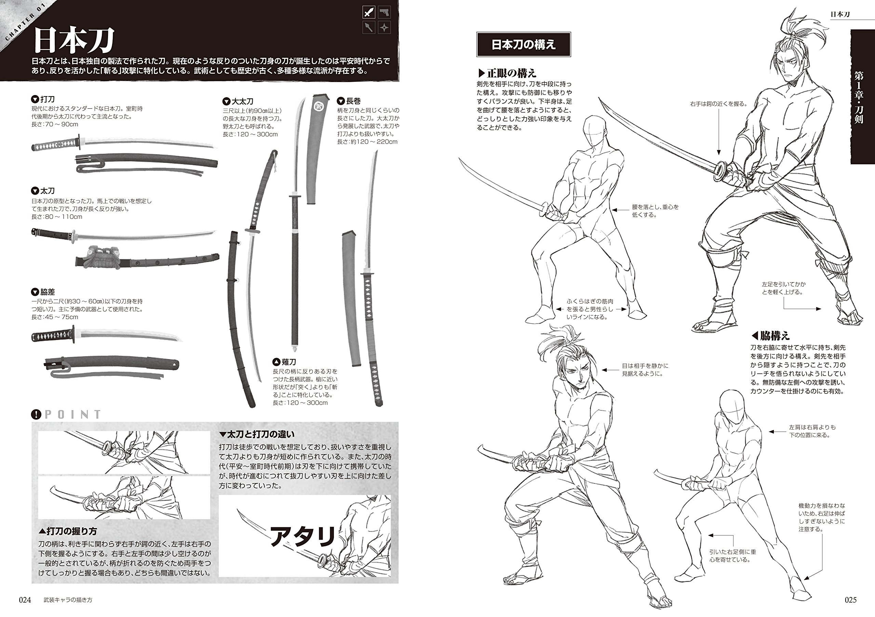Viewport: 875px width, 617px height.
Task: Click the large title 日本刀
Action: (x=73, y=41)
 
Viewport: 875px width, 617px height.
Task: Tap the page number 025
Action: (x=851, y=600)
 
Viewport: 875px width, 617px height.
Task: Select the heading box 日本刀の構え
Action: (x=523, y=44)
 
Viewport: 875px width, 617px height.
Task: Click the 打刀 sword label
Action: (x=47, y=99)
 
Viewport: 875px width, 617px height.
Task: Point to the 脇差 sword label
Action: (x=47, y=292)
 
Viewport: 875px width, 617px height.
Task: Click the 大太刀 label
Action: (x=242, y=102)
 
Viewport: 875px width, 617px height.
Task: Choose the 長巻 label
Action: (x=353, y=101)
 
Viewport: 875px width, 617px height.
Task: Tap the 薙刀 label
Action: (x=288, y=362)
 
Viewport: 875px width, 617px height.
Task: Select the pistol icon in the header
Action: (x=385, y=13)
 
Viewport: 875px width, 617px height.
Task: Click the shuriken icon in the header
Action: (x=385, y=27)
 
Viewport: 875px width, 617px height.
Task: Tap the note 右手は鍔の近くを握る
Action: (x=718, y=104)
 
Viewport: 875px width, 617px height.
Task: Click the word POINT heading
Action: (x=72, y=414)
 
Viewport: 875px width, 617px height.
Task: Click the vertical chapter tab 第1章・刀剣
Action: (x=862, y=97)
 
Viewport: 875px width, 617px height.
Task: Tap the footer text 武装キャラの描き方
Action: (x=68, y=600)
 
